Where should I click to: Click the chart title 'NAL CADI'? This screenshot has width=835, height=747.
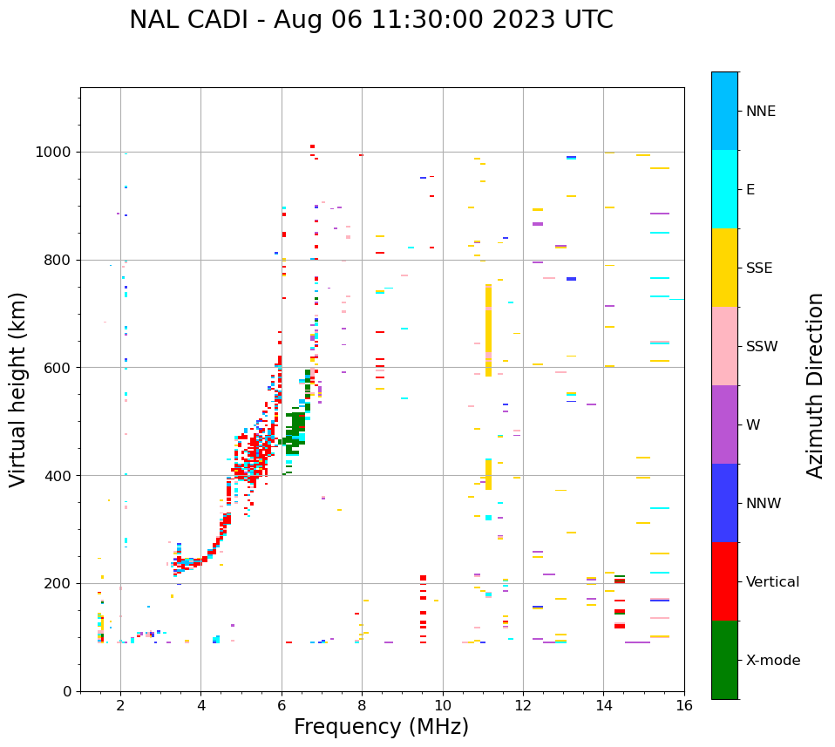click(187, 20)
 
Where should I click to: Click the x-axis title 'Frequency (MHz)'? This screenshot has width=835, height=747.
click(381, 727)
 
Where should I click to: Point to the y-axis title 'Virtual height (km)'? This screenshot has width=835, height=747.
click(18, 390)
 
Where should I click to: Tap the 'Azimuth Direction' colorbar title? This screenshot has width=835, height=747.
click(815, 385)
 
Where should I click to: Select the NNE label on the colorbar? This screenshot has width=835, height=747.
click(760, 112)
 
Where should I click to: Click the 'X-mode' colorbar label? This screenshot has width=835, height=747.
click(772, 661)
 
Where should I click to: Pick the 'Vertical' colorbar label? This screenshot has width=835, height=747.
click(772, 582)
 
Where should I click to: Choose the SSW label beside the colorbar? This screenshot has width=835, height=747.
click(762, 347)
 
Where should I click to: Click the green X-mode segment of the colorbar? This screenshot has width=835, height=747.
click(724, 660)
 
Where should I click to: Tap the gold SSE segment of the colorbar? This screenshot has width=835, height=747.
click(724, 268)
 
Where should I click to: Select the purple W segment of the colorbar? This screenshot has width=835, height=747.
click(724, 424)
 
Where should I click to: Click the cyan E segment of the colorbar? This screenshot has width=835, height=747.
click(724, 189)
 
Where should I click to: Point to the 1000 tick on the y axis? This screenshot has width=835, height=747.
click(58, 153)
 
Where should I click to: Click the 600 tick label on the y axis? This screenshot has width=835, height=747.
click(61, 368)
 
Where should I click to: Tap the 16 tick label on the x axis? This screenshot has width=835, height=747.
click(684, 705)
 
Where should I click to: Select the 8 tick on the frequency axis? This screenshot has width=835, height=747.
click(362, 705)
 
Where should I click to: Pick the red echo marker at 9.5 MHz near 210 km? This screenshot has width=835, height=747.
click(423, 578)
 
